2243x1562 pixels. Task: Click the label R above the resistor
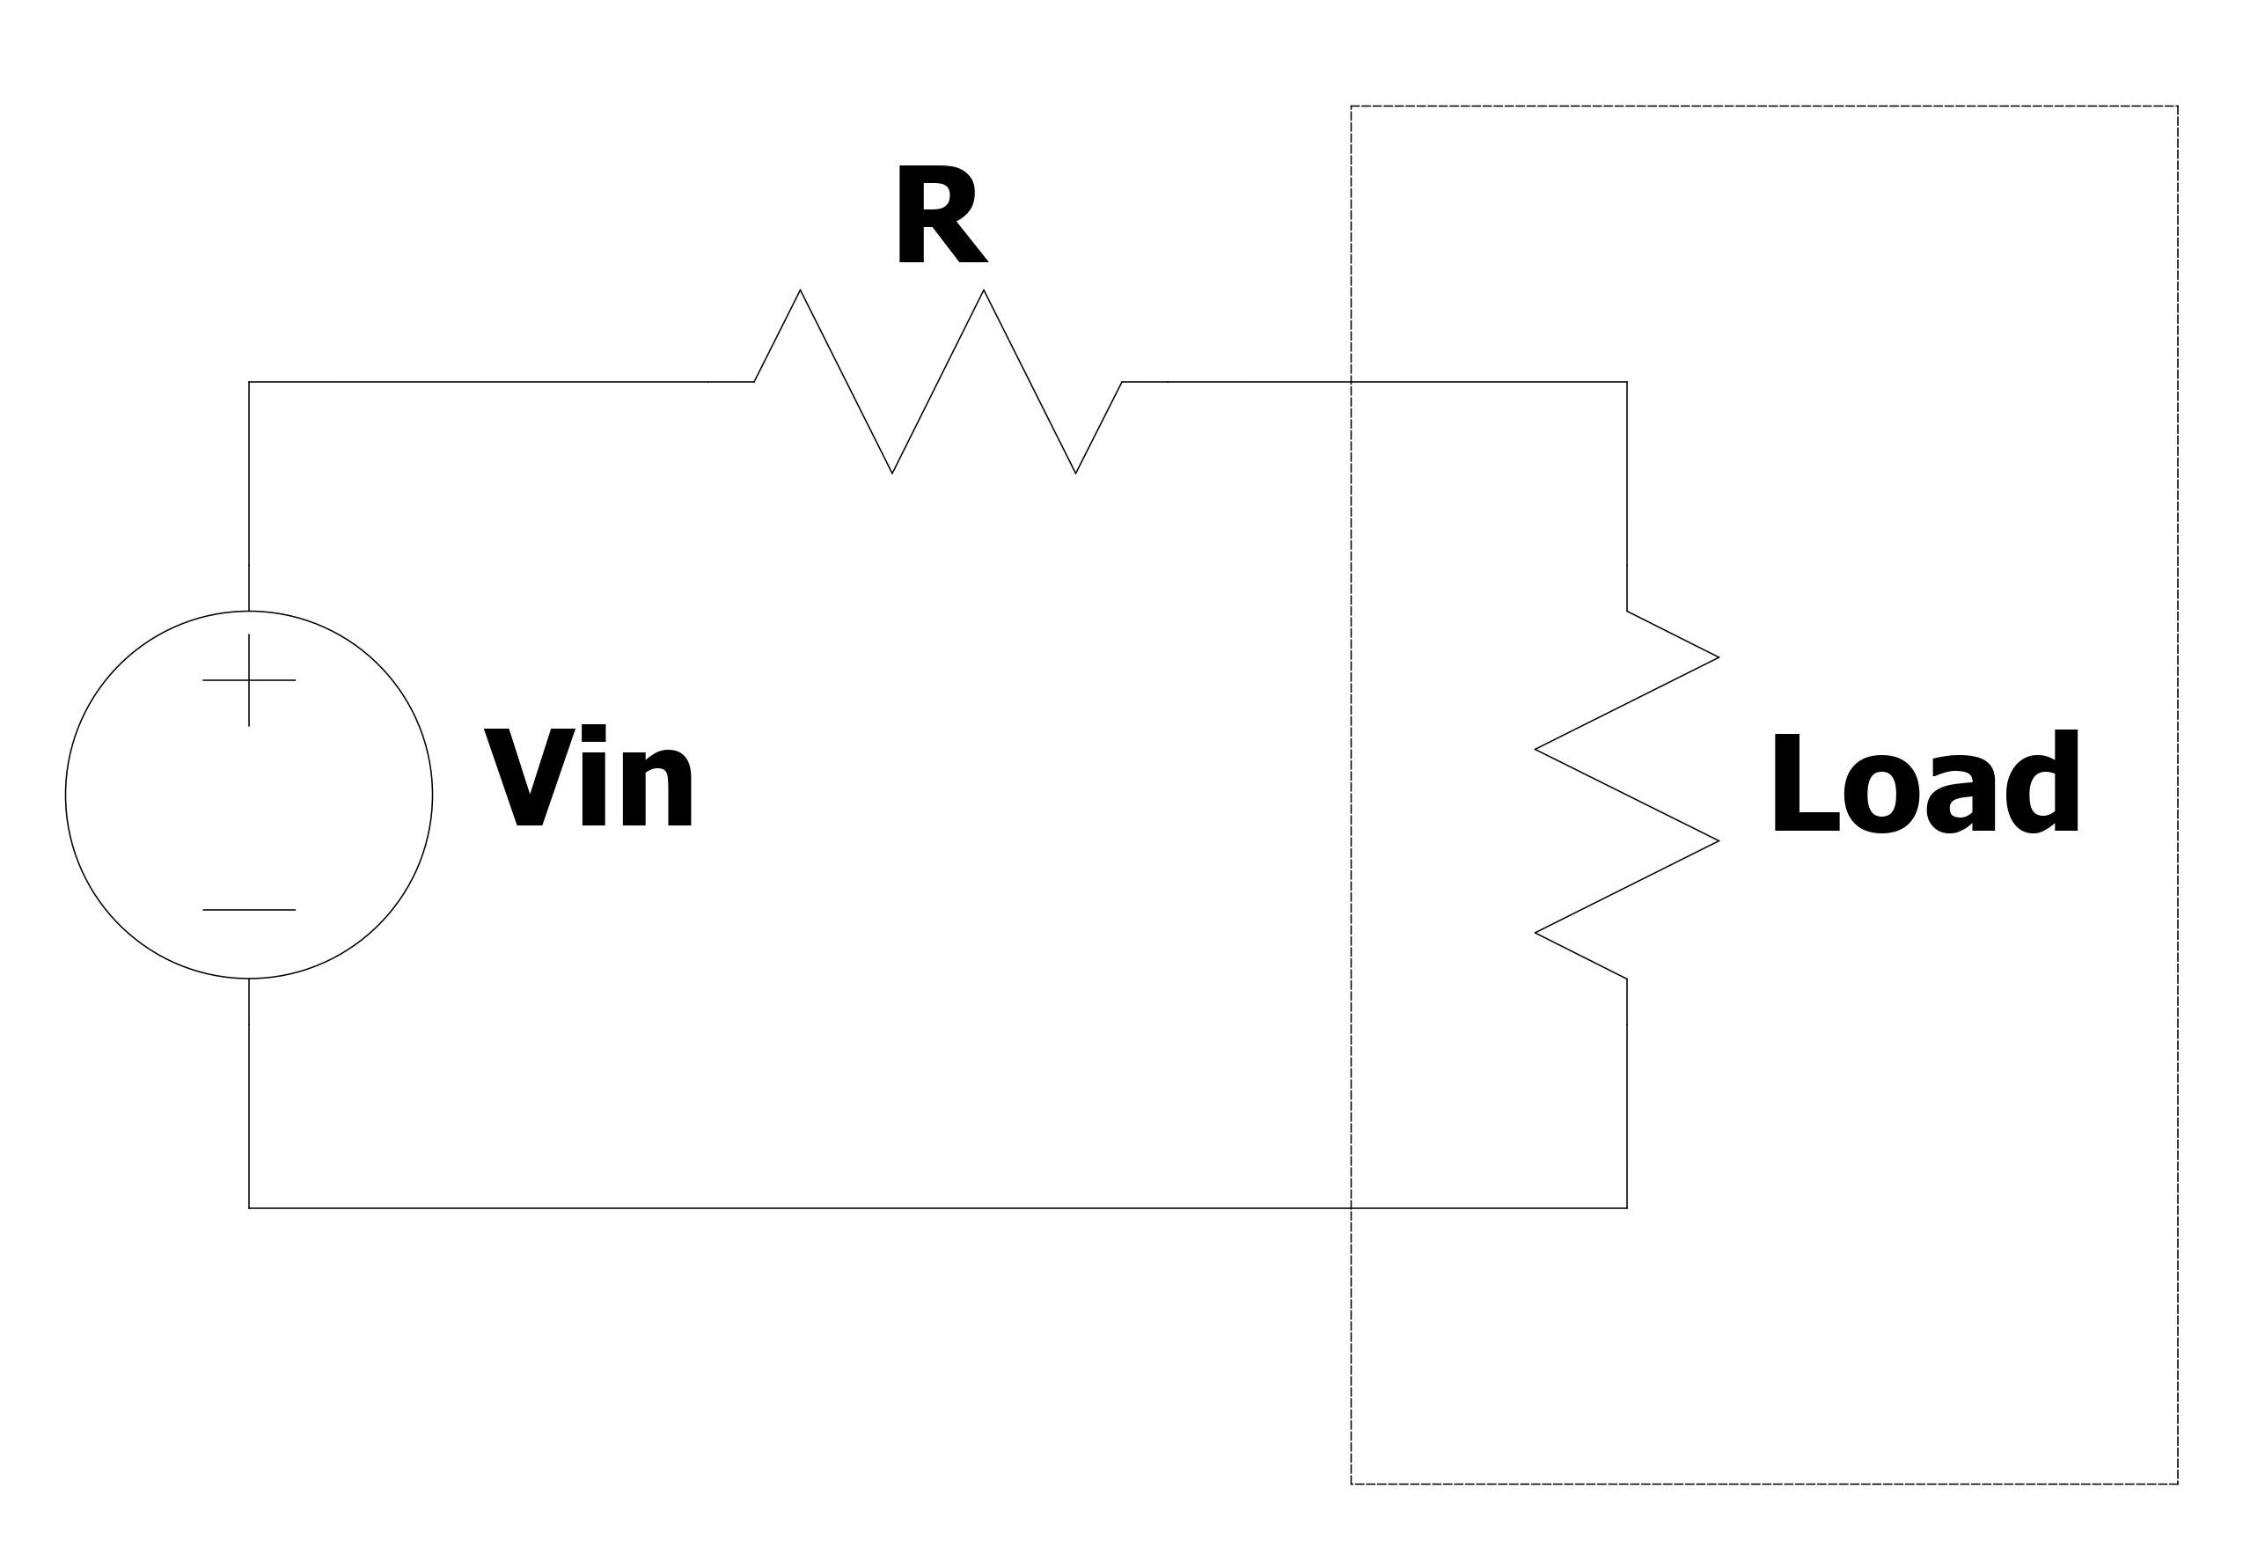940,216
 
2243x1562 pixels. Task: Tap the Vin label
589,779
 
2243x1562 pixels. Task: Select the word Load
1924,783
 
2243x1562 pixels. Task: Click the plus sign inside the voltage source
249,680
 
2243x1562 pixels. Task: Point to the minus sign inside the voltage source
249,909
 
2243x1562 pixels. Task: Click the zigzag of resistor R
938,382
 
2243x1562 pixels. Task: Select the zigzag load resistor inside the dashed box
1626,794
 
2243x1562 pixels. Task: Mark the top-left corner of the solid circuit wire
249,382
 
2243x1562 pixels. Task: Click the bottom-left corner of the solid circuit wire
249,1208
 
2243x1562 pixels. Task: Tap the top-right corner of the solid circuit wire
1626,382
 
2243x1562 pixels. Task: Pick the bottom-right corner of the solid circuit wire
1626,1208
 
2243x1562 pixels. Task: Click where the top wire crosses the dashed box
1351,382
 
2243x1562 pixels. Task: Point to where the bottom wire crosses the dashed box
1351,1208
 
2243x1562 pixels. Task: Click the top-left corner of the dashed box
1351,106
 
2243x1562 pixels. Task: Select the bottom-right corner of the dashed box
2178,1484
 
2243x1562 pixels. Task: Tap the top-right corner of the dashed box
2178,106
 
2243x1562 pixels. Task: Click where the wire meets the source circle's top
249,611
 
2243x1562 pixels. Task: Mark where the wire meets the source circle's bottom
249,978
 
